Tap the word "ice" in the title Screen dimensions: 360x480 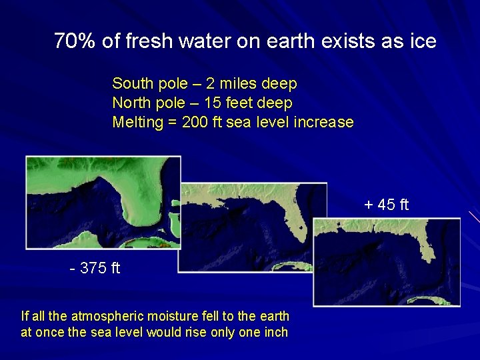tap(423, 42)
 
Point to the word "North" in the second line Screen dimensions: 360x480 tap(131, 103)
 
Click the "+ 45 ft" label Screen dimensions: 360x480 tap(387, 205)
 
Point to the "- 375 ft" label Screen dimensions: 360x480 tap(95, 269)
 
